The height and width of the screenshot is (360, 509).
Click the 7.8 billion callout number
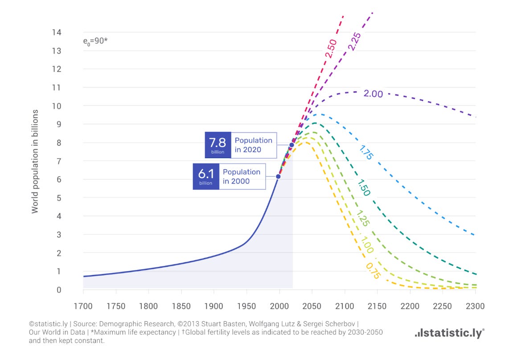point(218,143)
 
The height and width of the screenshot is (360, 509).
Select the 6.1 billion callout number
point(206,174)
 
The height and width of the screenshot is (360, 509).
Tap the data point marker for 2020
point(291,145)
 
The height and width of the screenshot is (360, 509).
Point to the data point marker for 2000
point(278,176)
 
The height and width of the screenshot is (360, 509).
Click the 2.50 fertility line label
point(331,49)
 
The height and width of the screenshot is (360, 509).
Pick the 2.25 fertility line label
point(354,41)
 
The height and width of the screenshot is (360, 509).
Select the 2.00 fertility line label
point(373,94)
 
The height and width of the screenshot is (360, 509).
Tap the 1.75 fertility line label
point(366,152)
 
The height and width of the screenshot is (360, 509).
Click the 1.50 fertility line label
point(364,188)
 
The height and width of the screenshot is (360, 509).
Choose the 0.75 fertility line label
point(373,271)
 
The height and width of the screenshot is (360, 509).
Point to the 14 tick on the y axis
point(57,32)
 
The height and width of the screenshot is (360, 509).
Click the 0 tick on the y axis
point(59,290)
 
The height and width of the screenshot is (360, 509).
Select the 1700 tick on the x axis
point(83,306)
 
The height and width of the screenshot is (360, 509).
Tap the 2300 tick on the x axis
point(475,306)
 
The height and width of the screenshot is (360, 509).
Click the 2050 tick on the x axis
point(312,306)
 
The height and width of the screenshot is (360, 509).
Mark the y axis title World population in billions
point(35,161)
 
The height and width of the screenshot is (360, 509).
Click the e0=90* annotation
point(95,41)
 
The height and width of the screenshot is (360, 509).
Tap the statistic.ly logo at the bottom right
point(450,333)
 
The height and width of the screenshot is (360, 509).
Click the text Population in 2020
point(254,145)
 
